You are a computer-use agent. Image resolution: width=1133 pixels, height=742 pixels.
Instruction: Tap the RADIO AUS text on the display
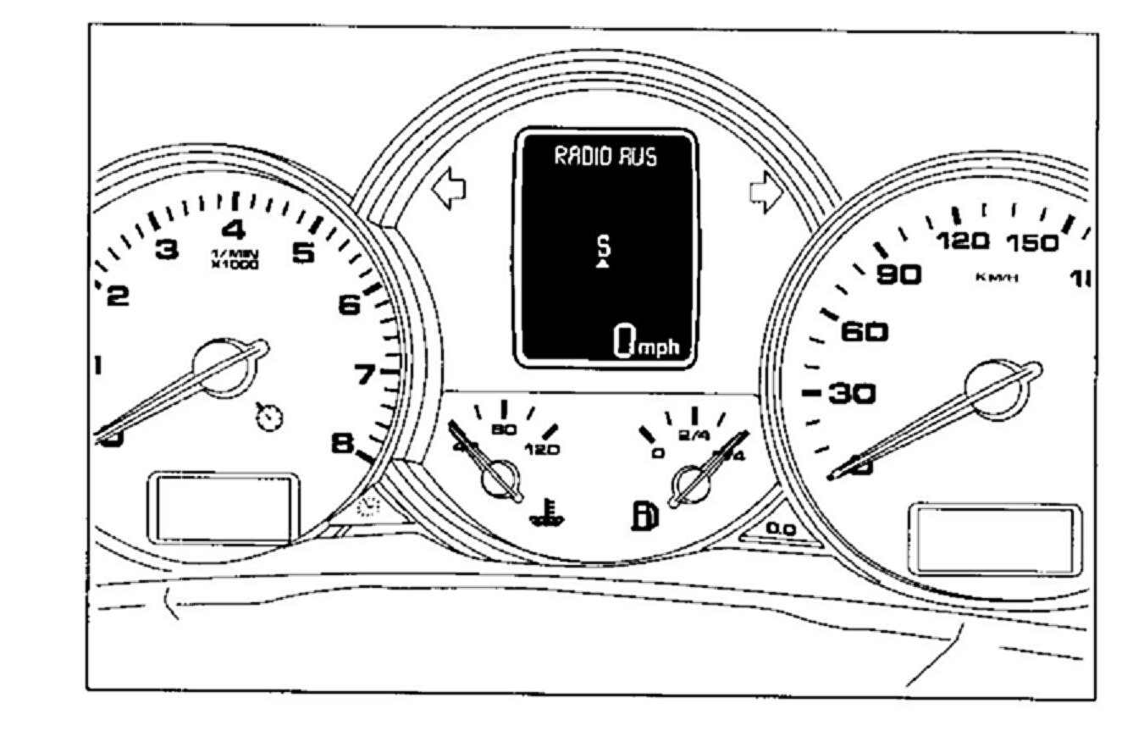[x=605, y=157]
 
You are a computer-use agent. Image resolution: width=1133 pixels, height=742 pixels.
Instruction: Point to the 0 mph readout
[x=645, y=342]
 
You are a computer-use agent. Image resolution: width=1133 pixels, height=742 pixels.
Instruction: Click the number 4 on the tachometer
[x=234, y=230]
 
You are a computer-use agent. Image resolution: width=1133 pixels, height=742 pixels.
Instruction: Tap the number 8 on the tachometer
[x=342, y=442]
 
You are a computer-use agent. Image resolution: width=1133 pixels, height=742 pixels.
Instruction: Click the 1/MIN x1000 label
[x=235, y=258]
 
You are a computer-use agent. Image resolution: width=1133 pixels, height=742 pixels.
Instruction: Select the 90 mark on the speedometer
[x=898, y=274]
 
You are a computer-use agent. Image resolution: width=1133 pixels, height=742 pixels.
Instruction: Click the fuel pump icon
[x=644, y=516]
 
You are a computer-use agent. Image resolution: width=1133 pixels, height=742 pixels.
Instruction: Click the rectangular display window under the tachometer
[x=224, y=507]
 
